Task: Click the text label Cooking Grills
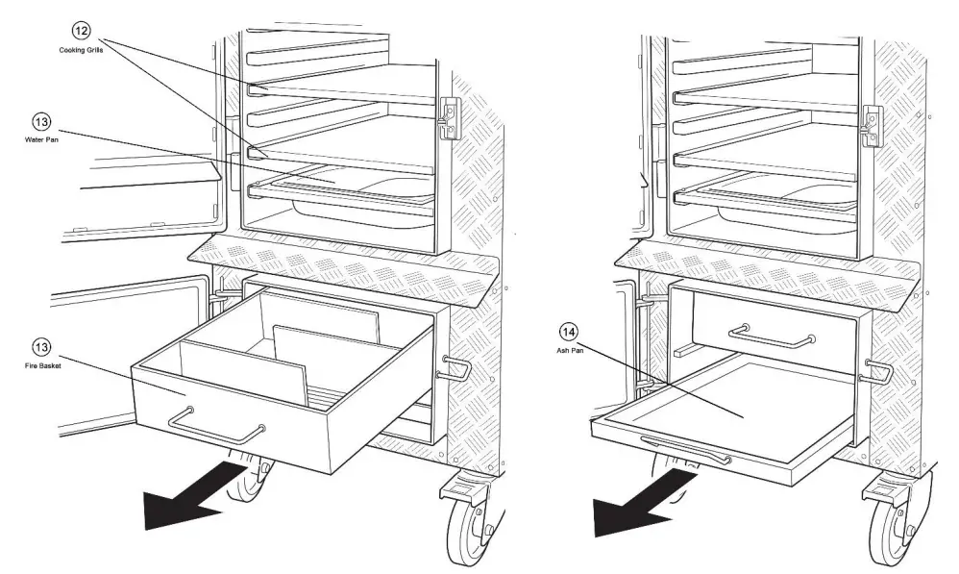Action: click(x=83, y=50)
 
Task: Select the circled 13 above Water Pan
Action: click(x=41, y=122)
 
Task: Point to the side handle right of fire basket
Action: click(x=455, y=367)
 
